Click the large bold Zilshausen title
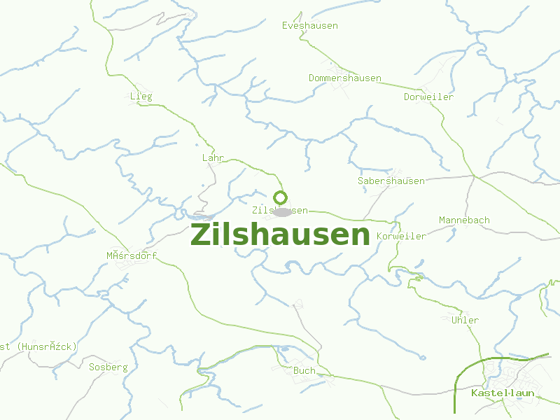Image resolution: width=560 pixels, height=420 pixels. click(x=280, y=235)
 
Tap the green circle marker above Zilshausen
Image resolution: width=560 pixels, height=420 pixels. click(x=281, y=197)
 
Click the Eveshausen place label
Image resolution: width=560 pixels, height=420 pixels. click(x=309, y=26)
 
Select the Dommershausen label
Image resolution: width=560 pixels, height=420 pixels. click(x=345, y=78)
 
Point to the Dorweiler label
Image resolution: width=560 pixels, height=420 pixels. click(x=428, y=97)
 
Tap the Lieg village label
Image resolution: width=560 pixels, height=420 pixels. click(x=141, y=97)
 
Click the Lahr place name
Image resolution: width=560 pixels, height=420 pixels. click(x=213, y=158)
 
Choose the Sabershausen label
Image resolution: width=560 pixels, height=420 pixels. click(x=391, y=181)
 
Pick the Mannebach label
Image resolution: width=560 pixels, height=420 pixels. click(x=464, y=220)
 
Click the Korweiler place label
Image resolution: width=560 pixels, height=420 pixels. click(x=401, y=237)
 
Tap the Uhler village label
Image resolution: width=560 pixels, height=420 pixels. click(x=465, y=321)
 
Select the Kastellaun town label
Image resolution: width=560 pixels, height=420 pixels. click(x=503, y=393)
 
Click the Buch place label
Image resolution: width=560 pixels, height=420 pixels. click(x=304, y=371)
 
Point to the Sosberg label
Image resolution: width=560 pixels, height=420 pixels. click(x=108, y=367)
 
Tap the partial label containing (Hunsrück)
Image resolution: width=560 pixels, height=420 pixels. click(x=38, y=346)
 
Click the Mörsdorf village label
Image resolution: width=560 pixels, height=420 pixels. click(x=132, y=256)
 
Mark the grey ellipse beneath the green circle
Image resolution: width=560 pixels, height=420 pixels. click(x=282, y=211)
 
